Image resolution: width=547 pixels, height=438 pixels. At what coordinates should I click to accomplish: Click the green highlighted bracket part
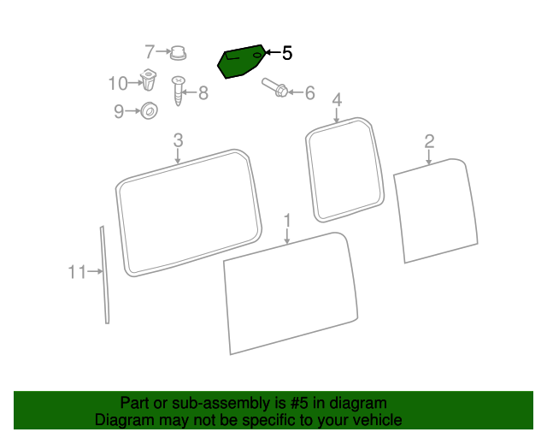pyautogui.click(x=241, y=62)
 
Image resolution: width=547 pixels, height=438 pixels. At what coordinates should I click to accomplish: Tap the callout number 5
pyautogui.click(x=287, y=53)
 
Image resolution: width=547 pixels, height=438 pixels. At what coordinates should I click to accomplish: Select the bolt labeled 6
pyautogui.click(x=275, y=87)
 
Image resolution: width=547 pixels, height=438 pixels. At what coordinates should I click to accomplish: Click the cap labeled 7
pyautogui.click(x=178, y=53)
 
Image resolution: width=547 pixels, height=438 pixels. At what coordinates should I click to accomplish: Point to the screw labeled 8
pyautogui.click(x=178, y=91)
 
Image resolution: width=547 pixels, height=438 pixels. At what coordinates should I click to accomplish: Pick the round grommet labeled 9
pyautogui.click(x=149, y=110)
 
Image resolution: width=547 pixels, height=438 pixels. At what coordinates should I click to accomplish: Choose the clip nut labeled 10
pyautogui.click(x=148, y=80)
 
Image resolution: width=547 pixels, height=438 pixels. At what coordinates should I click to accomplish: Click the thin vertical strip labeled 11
pyautogui.click(x=105, y=275)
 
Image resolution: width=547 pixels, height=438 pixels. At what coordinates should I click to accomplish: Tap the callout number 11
pyautogui.click(x=77, y=272)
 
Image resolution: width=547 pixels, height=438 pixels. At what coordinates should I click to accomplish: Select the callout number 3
pyautogui.click(x=178, y=140)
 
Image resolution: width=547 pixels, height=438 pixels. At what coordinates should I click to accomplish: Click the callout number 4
pyautogui.click(x=337, y=100)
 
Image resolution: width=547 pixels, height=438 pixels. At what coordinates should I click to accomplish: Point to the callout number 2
pyautogui.click(x=429, y=141)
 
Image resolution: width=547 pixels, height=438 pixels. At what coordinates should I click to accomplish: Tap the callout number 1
pyautogui.click(x=287, y=221)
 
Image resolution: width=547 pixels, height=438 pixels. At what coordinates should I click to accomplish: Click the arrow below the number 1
pyautogui.click(x=287, y=236)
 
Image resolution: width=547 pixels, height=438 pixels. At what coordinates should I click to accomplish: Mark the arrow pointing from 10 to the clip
pyautogui.click(x=135, y=83)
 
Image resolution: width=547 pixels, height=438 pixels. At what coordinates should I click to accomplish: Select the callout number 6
pyautogui.click(x=309, y=93)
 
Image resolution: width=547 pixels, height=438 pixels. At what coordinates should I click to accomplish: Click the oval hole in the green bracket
pyautogui.click(x=257, y=56)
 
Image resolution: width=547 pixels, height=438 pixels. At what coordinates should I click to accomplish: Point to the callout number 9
pyautogui.click(x=119, y=112)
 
